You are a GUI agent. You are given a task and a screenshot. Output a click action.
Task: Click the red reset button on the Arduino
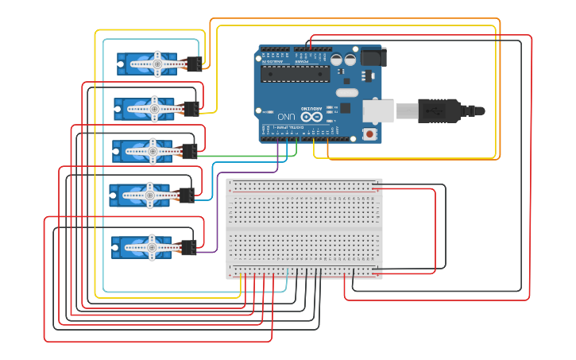pyautogui.click(x=370, y=134)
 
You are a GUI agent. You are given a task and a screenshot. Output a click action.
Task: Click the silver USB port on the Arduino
pyautogui.click(x=378, y=110)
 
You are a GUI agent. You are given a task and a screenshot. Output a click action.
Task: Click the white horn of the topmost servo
pyautogui.click(x=157, y=64)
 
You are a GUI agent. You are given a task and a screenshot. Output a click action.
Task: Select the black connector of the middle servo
pyautogui.click(x=189, y=150)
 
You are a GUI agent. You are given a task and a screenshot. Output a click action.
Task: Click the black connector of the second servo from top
pyautogui.click(x=191, y=108)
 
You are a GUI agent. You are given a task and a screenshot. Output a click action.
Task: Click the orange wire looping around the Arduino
pyautogui.click(x=499, y=87)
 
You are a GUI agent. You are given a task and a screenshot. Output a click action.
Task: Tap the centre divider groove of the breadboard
pyautogui.click(x=304, y=229)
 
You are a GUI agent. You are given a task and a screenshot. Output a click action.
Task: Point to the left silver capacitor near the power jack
pyautogui.click(x=338, y=60)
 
